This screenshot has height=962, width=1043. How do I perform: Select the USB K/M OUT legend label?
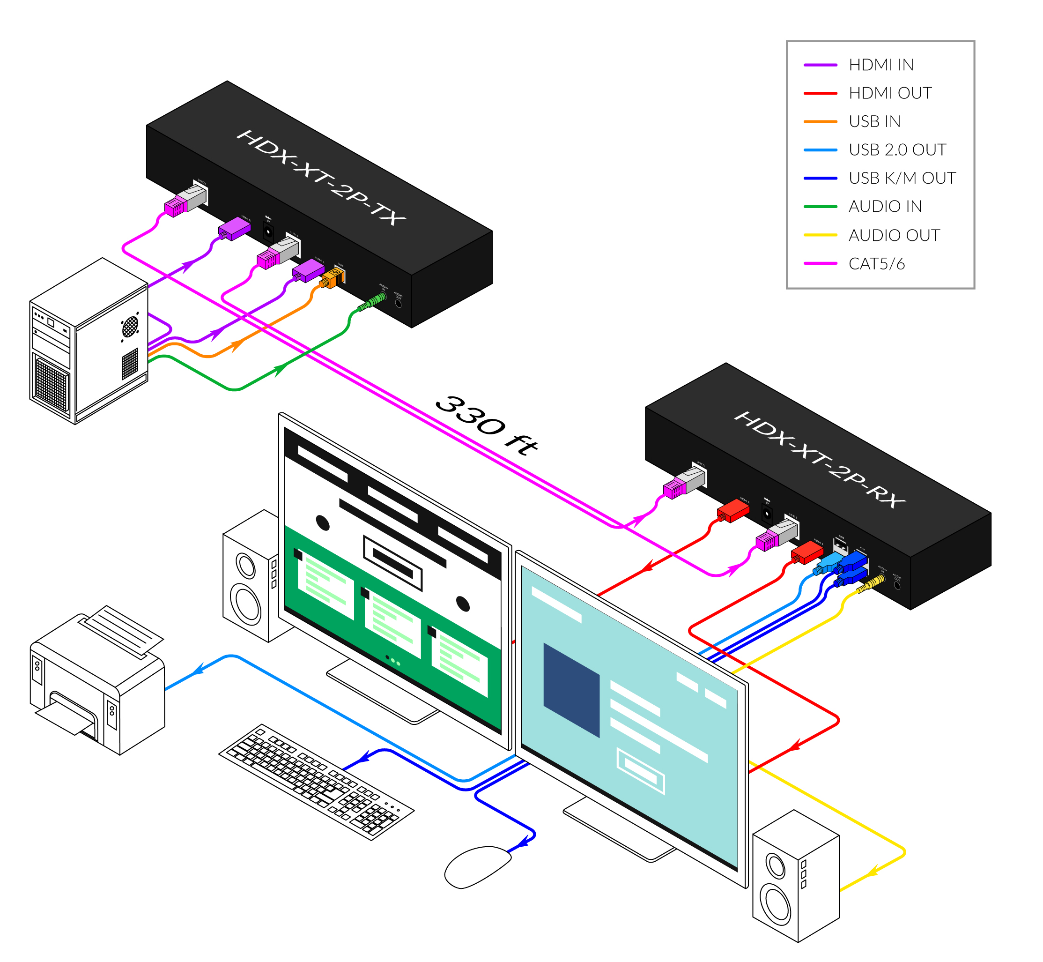point(902,178)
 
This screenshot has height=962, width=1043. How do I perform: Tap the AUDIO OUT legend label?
point(894,235)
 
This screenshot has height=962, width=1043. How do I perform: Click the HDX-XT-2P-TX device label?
point(320,178)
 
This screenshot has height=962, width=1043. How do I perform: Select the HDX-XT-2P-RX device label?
point(819,460)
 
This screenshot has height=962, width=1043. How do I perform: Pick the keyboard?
point(316,780)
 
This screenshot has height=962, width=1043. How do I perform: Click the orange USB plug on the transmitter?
point(332,279)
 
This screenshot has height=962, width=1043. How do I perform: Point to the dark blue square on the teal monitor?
point(571,689)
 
